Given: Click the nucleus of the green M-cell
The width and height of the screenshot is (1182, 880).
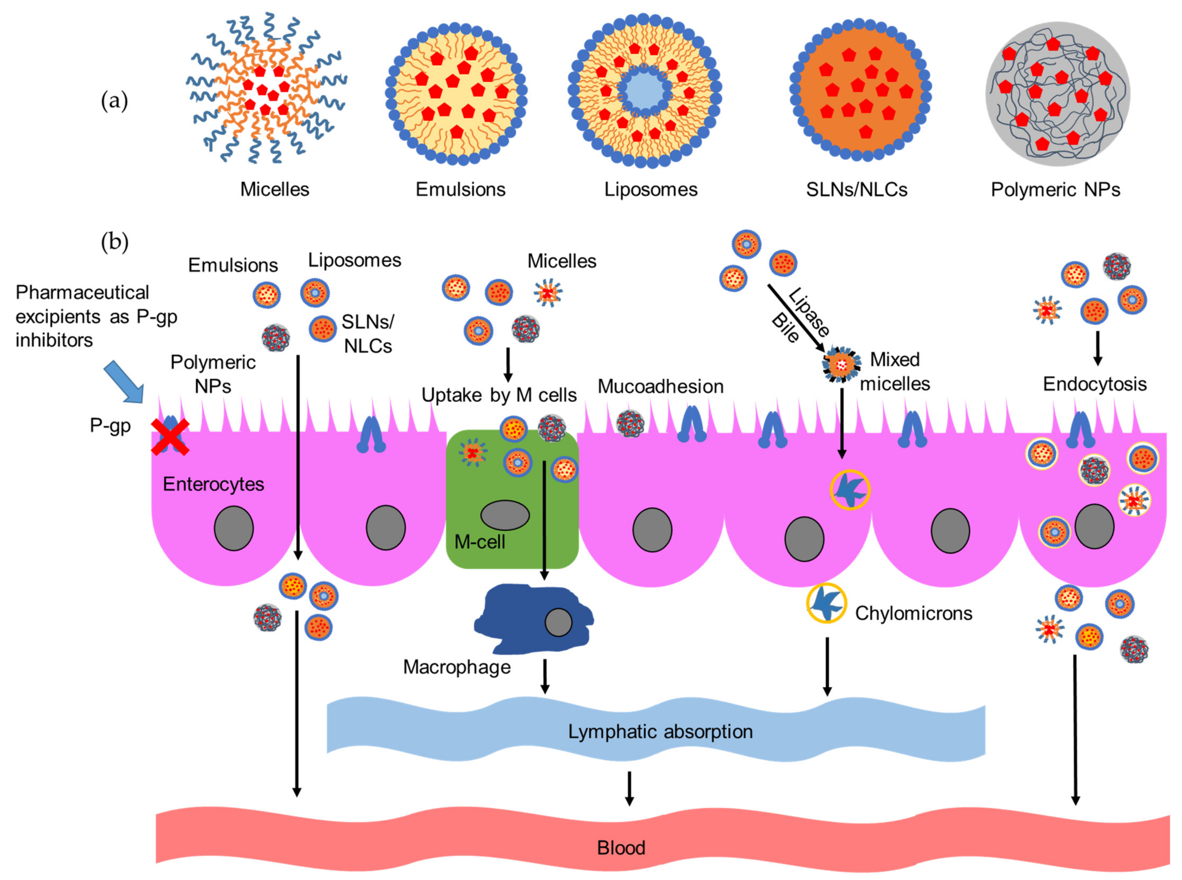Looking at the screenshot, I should click(505, 515).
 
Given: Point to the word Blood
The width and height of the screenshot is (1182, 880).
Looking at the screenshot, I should click(621, 848).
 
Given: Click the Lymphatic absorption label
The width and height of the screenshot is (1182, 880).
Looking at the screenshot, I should click(660, 731).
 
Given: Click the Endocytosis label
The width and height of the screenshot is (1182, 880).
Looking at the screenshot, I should click(1094, 384).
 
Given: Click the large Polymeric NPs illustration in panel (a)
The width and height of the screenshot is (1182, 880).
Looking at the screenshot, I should click(1057, 94).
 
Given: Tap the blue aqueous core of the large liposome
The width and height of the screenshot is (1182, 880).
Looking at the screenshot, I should click(644, 92).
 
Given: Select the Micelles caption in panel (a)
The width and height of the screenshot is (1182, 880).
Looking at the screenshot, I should click(274, 189).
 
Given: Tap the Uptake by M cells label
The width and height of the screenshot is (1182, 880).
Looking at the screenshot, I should click(499, 395).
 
